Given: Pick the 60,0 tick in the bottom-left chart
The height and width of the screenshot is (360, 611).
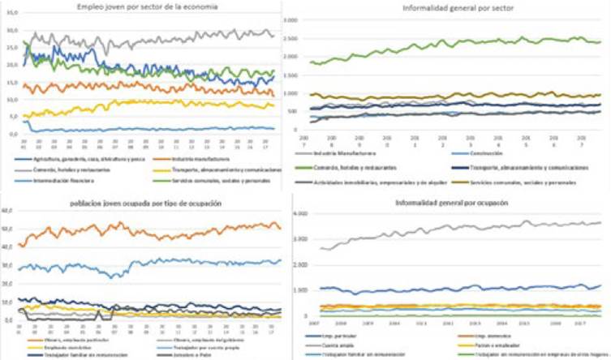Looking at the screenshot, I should (x=9, y=210).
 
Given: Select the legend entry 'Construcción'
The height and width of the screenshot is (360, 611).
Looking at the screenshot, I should (x=494, y=155).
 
